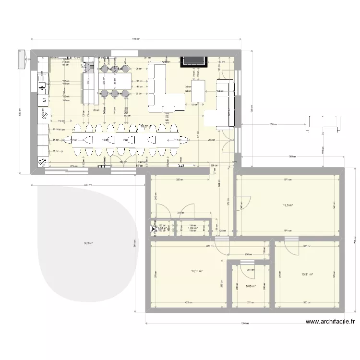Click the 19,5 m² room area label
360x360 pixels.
tap(288, 205)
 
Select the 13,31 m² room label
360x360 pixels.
tap(307, 275)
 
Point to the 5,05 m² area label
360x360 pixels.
tap(251, 286)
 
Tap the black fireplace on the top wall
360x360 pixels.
tap(194, 61)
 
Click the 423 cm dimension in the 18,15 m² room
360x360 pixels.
tap(188, 302)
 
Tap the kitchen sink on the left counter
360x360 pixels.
tap(42, 86)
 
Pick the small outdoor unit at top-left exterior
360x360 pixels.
tap(21, 59)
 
